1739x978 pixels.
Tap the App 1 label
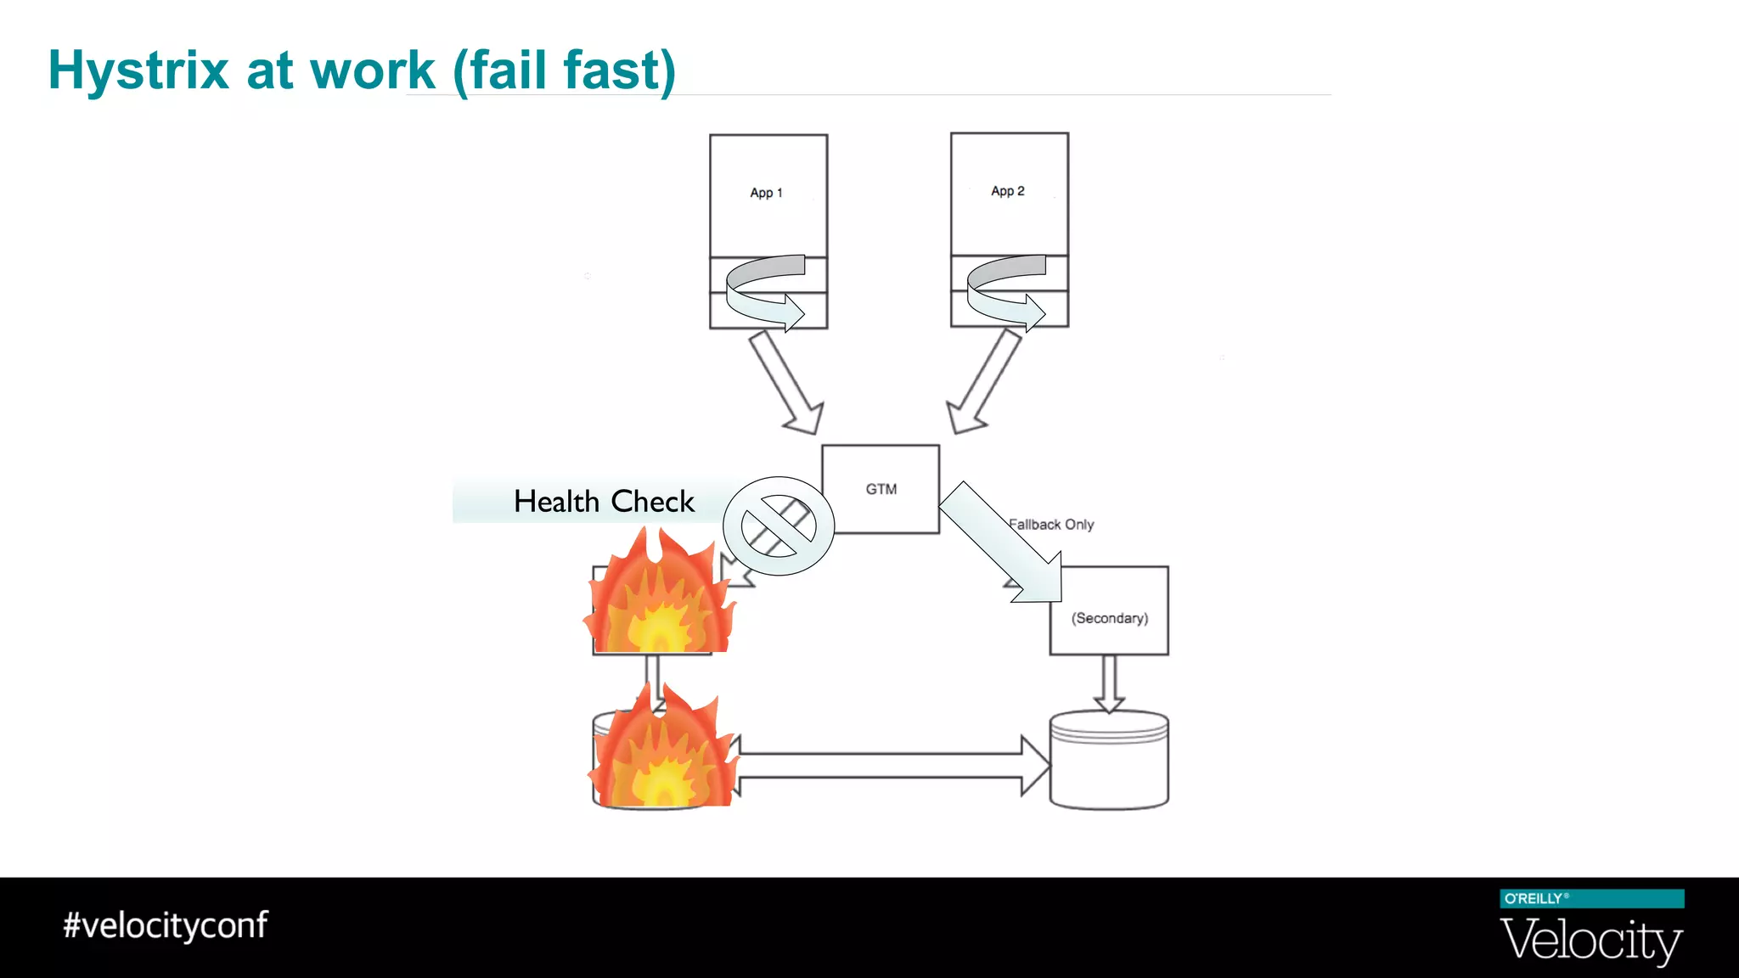point(766,193)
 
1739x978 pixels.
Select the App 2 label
point(1007,191)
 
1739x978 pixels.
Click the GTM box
point(881,489)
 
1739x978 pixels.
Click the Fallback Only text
point(1053,525)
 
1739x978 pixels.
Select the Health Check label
point(604,502)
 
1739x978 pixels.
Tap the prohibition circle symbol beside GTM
point(779,526)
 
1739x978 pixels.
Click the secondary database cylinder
point(1109,761)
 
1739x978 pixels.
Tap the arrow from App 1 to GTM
point(786,383)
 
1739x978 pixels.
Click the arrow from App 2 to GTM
point(984,381)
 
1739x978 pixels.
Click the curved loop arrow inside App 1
point(764,290)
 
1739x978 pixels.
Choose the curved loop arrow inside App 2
point(1005,290)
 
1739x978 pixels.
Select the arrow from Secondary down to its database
point(1109,683)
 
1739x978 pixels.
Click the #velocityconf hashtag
point(166,925)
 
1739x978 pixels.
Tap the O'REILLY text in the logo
point(1534,898)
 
